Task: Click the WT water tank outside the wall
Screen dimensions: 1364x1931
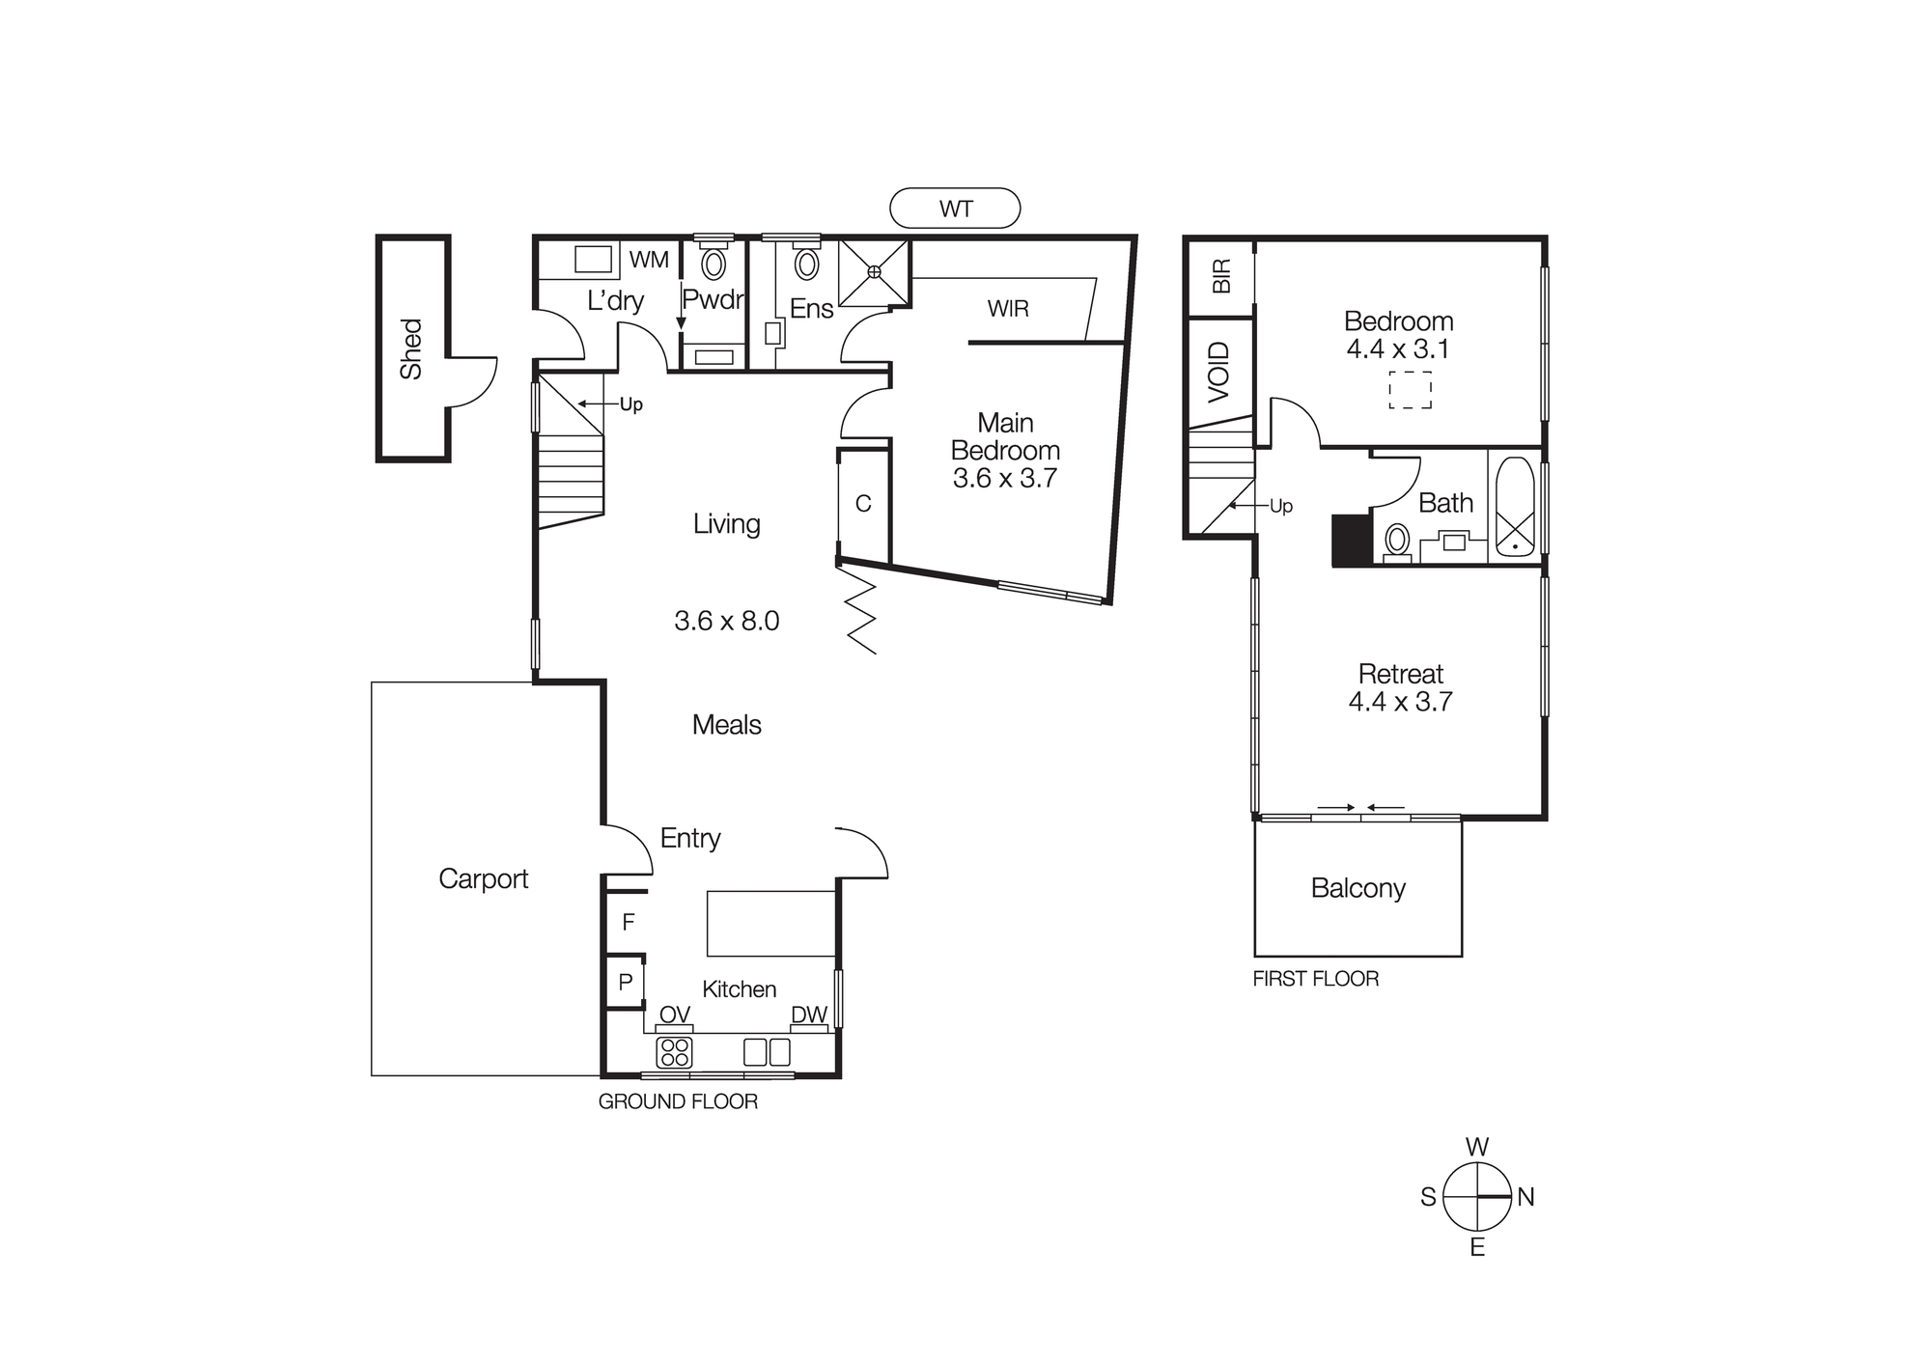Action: pyautogui.click(x=954, y=209)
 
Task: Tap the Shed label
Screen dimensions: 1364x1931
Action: pyautogui.click(x=411, y=348)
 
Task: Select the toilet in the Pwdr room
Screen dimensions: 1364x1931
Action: pyautogui.click(x=714, y=263)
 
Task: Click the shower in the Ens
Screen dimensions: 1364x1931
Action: pyautogui.click(x=874, y=272)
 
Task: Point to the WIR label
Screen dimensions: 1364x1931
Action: pyautogui.click(x=1007, y=309)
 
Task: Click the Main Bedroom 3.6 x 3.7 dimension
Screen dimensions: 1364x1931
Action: pyautogui.click(x=1004, y=479)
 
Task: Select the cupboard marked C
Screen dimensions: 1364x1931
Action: pyautogui.click(x=863, y=503)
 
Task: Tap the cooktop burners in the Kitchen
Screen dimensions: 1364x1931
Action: pyautogui.click(x=674, y=1051)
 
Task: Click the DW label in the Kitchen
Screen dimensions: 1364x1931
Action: pyautogui.click(x=809, y=1015)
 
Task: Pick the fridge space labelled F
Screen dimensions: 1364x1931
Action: pyautogui.click(x=628, y=923)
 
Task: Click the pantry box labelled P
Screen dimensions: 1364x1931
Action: pyautogui.click(x=625, y=983)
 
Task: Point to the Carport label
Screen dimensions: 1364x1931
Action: pyautogui.click(x=483, y=878)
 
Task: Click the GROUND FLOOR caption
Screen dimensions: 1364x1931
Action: pyautogui.click(x=678, y=1101)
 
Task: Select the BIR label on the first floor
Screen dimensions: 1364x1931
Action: pyautogui.click(x=1221, y=276)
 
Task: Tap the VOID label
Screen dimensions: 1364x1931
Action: pyautogui.click(x=1219, y=372)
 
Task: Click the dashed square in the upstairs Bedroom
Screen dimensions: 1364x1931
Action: pyautogui.click(x=1410, y=390)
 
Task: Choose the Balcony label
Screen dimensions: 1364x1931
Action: pyautogui.click(x=1357, y=888)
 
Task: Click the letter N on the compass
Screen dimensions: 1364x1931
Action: pyautogui.click(x=1525, y=1198)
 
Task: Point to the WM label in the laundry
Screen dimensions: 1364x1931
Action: pyautogui.click(x=649, y=260)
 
